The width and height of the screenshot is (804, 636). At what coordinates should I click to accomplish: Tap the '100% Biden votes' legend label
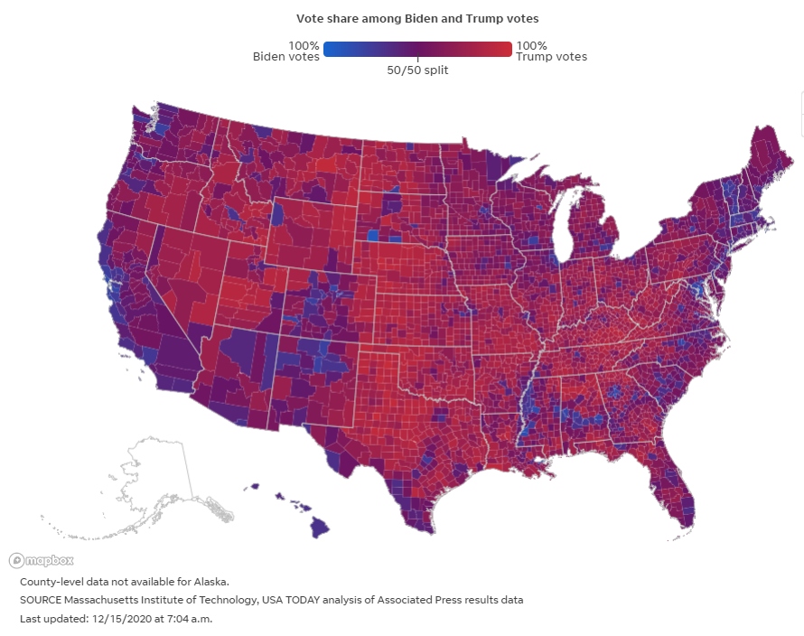(285, 51)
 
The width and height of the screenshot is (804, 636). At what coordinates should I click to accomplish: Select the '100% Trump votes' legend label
(551, 51)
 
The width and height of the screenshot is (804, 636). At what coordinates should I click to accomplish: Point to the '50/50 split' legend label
(417, 70)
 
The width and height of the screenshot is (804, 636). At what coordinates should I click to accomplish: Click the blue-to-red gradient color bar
(417, 50)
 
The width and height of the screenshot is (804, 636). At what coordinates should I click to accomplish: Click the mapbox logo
(29, 560)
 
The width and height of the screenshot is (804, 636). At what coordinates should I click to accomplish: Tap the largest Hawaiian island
(318, 527)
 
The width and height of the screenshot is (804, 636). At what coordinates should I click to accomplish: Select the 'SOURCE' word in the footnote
(42, 600)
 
